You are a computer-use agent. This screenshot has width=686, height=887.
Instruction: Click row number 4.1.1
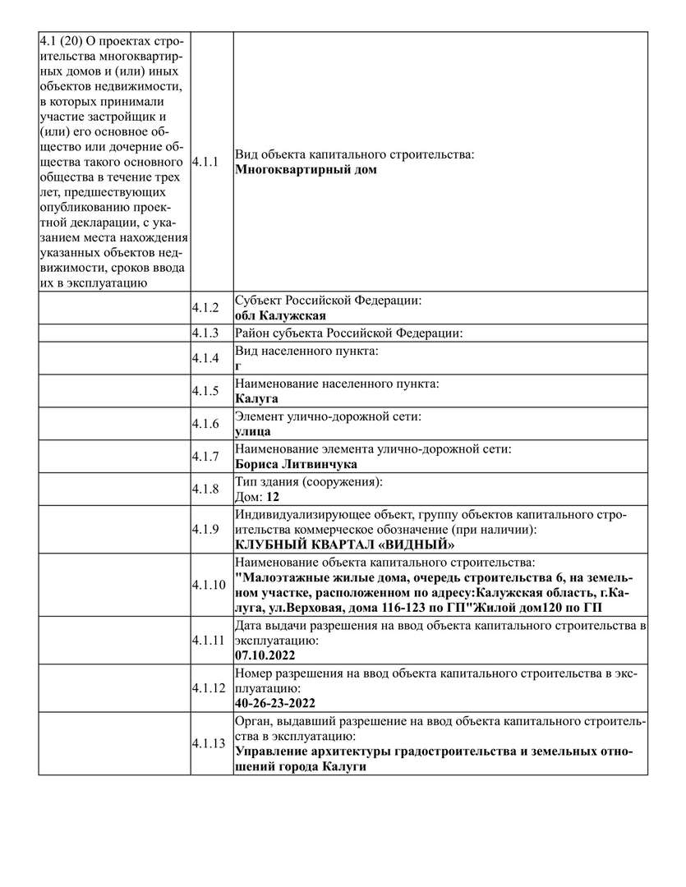(205, 162)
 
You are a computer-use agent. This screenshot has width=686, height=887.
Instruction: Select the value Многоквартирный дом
(306, 170)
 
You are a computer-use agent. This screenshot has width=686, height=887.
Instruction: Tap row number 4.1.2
(205, 308)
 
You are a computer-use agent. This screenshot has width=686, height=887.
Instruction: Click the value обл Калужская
(281, 315)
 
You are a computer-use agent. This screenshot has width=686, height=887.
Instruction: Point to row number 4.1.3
(205, 333)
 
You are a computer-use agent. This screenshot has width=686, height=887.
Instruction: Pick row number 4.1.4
(205, 358)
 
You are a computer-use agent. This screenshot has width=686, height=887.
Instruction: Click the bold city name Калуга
(256, 398)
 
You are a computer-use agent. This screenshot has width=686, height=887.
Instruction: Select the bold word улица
(253, 431)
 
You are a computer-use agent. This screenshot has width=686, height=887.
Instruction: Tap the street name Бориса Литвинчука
(296, 464)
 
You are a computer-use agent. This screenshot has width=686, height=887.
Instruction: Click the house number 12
(274, 497)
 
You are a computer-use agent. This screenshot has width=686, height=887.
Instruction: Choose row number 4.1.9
(205, 529)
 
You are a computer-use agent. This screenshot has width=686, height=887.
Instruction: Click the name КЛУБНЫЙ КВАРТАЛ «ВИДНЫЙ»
(345, 545)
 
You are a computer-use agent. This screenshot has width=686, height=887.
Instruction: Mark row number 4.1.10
(208, 585)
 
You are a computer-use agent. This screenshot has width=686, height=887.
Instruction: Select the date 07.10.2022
(265, 656)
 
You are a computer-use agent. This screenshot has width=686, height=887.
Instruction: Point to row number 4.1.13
(208, 743)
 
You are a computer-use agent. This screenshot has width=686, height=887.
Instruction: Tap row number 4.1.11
(208, 640)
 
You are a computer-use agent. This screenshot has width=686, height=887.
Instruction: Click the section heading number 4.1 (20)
(67, 40)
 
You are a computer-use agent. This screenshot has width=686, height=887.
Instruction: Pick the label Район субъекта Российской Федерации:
(349, 333)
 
